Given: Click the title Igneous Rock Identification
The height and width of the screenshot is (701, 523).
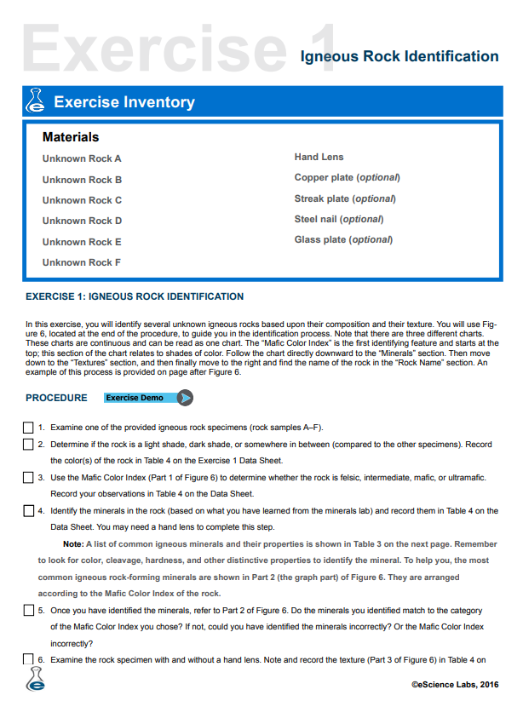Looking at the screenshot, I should pyautogui.click(x=399, y=56).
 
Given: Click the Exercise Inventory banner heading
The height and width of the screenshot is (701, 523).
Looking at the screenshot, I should pyautogui.click(x=124, y=102).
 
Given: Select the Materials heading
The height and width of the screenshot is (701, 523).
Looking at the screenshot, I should pyautogui.click(x=71, y=137).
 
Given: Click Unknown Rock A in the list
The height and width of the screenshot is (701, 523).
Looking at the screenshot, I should pyautogui.click(x=82, y=158).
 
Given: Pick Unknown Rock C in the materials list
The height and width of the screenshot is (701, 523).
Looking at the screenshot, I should pyautogui.click(x=82, y=200).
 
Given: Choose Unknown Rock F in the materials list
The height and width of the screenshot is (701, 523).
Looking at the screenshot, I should pyautogui.click(x=82, y=262).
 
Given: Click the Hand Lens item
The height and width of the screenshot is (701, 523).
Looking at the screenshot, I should pyautogui.click(x=319, y=157).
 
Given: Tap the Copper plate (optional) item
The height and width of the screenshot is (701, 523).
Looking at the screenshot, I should pyautogui.click(x=347, y=177).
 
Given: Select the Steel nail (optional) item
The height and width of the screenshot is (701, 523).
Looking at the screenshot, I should pyautogui.click(x=338, y=219).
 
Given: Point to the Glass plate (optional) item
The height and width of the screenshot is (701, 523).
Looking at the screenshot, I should pyautogui.click(x=343, y=239).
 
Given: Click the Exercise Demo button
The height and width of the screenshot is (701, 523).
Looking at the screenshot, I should pyautogui.click(x=140, y=398).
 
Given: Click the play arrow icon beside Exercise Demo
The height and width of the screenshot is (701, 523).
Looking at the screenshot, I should pyautogui.click(x=186, y=398).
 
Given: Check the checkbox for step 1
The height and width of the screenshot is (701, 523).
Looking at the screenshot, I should pyautogui.click(x=28, y=428).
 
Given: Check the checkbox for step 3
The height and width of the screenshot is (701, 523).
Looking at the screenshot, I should pyautogui.click(x=28, y=478).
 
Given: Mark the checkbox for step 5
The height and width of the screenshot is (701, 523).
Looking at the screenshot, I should pyautogui.click(x=28, y=611).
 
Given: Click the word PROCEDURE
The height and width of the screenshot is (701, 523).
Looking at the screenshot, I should pyautogui.click(x=56, y=398).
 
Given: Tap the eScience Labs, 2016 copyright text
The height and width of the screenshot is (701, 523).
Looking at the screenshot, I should pyautogui.click(x=455, y=684).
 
